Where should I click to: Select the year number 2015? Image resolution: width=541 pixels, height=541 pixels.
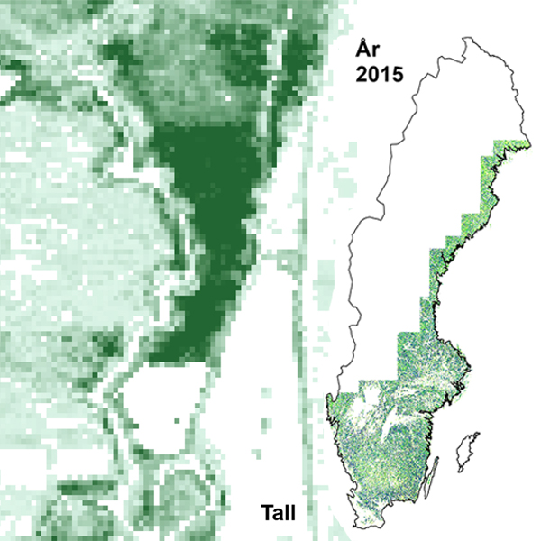point(378,73)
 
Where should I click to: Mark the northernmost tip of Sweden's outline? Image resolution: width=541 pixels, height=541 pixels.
point(465,38)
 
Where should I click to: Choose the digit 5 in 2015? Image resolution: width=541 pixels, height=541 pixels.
point(398,73)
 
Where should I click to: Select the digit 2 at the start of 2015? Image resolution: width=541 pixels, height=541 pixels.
point(359,73)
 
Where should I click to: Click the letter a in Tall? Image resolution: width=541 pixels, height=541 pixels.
point(279,517)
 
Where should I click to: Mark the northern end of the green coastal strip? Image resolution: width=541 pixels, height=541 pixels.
point(524,144)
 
